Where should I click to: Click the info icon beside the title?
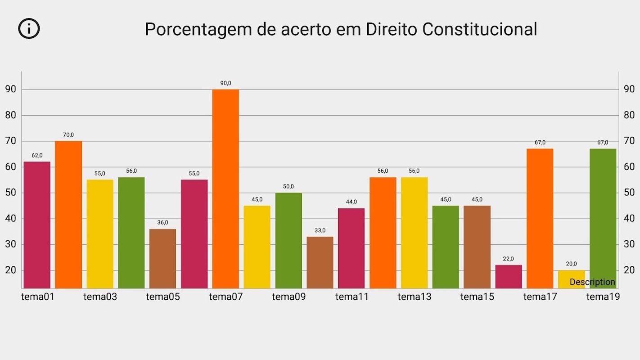click(x=29, y=28)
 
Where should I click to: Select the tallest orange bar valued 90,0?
click(x=225, y=189)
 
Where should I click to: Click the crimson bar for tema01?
click(x=37, y=225)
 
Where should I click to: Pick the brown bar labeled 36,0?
click(x=162, y=259)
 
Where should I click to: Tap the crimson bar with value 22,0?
click(x=509, y=277)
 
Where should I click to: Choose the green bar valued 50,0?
click(x=288, y=241)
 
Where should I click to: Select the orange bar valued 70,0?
click(x=68, y=215)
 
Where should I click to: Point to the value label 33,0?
click(x=320, y=230)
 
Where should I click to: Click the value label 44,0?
click(x=352, y=202)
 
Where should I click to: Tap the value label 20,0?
click(x=571, y=264)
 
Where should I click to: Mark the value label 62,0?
click(x=37, y=156)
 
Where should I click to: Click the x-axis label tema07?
click(x=225, y=297)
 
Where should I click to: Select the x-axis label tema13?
click(x=414, y=297)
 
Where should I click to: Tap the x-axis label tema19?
click(x=603, y=297)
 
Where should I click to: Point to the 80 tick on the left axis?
click(x=11, y=115)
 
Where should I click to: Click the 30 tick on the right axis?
click(x=629, y=244)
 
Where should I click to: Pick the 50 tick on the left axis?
click(x=11, y=193)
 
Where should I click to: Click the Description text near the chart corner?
click(x=592, y=282)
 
